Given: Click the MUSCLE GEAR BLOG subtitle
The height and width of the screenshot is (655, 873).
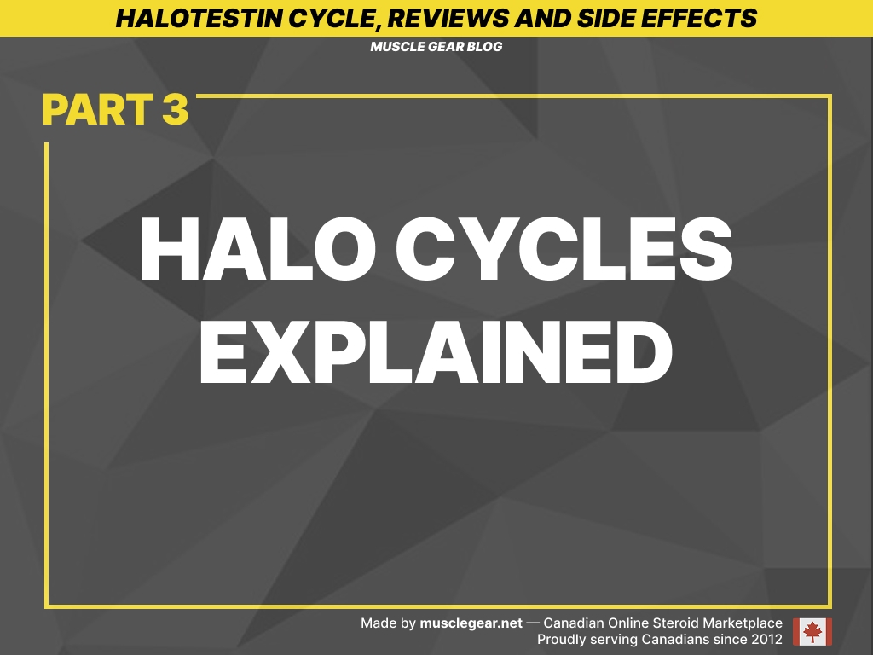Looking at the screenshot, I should pyautogui.click(x=436, y=47).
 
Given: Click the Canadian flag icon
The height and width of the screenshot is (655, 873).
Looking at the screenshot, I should pyautogui.click(x=812, y=631).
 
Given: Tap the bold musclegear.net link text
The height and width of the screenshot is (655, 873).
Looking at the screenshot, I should pyautogui.click(x=471, y=623).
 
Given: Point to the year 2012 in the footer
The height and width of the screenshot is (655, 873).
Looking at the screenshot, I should pyautogui.click(x=766, y=639).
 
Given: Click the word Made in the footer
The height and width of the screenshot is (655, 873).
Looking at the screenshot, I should pyautogui.click(x=378, y=623).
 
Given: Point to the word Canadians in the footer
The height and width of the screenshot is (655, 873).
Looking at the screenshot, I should pyautogui.click(x=674, y=639).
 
